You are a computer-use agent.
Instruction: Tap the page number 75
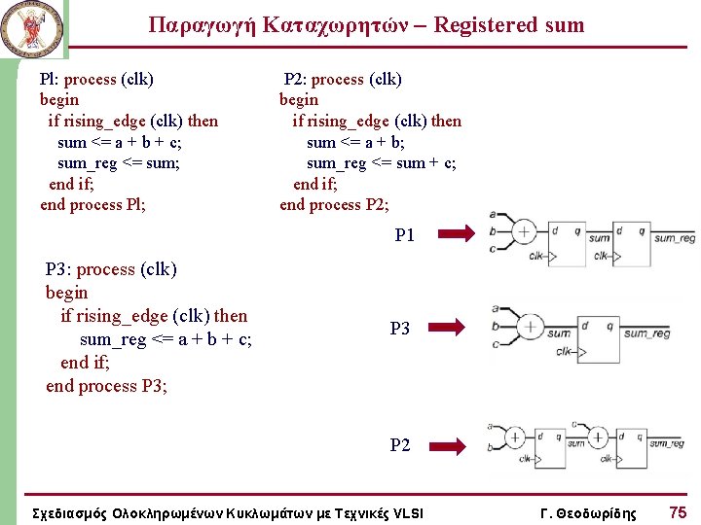(678, 511)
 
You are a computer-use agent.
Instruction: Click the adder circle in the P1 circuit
(524, 231)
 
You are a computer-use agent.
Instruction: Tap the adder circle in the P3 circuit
(530, 327)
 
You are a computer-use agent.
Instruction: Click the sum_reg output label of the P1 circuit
(675, 238)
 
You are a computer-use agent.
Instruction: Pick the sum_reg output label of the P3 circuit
(647, 333)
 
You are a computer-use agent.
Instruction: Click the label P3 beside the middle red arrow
(400, 329)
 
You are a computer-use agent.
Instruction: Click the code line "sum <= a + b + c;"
(120, 142)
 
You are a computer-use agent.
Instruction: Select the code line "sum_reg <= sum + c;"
(381, 162)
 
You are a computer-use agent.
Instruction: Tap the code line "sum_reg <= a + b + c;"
(166, 338)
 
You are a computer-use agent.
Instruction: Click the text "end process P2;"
(334, 204)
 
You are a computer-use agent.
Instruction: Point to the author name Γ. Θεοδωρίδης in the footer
(588, 512)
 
